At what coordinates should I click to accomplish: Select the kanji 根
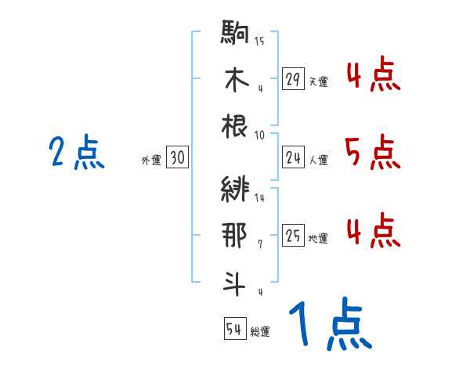pos(235,125)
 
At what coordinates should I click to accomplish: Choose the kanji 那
pos(235,234)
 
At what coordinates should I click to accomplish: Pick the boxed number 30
pos(178,158)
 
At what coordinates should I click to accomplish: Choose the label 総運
pos(260,331)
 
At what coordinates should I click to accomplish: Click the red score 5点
pos(372,152)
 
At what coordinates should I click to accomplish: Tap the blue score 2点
pos(76,152)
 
